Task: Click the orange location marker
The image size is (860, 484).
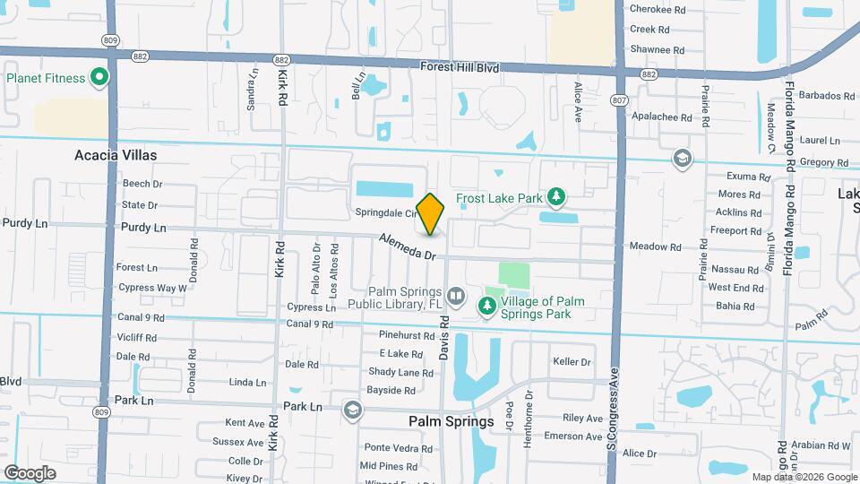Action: pyautogui.click(x=431, y=213)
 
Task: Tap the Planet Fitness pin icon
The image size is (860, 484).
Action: pyautogui.click(x=99, y=78)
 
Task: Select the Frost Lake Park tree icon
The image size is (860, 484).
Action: pyautogui.click(x=556, y=196)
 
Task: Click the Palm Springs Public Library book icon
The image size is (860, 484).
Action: pyautogui.click(x=456, y=295)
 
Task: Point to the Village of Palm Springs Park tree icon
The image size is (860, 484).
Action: pyautogui.click(x=487, y=307)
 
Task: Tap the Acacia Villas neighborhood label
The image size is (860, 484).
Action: pyautogui.click(x=116, y=155)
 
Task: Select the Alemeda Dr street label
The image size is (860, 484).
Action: pyautogui.click(x=407, y=247)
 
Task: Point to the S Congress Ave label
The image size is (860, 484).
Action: pyautogui.click(x=614, y=413)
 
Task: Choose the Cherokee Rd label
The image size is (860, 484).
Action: pyautogui.click(x=657, y=9)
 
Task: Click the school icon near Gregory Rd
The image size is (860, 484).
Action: pyautogui.click(x=682, y=159)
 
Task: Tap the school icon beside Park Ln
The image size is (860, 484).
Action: pyautogui.click(x=353, y=410)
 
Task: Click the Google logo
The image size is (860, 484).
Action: pyautogui.click(x=30, y=472)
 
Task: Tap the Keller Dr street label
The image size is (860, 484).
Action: pyautogui.click(x=572, y=362)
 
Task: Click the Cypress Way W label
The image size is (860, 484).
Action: pyautogui.click(x=152, y=288)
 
